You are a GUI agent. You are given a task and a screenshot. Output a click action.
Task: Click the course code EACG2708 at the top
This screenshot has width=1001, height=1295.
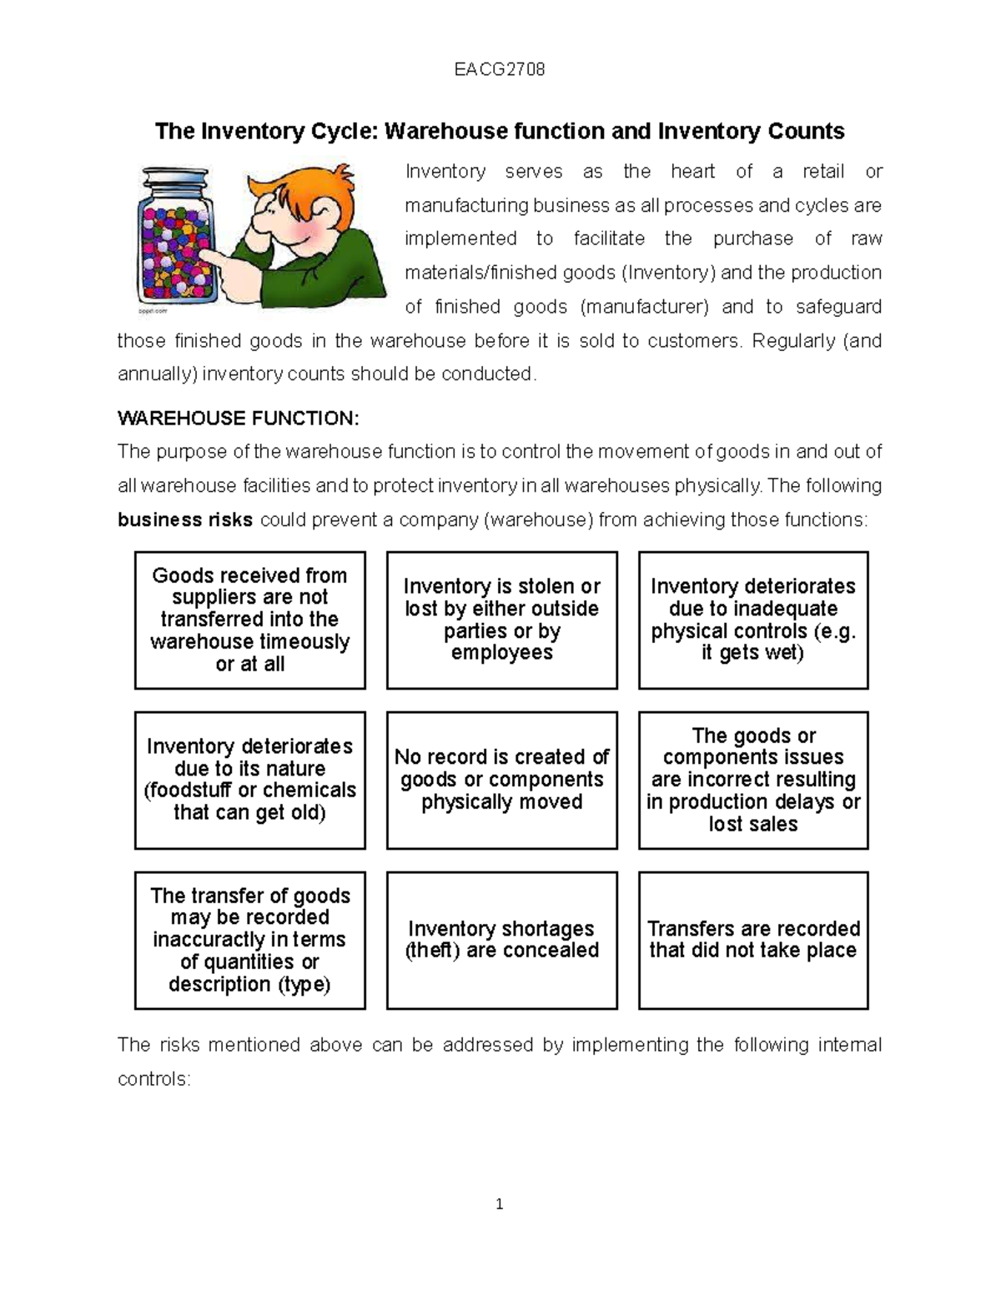pos(499,69)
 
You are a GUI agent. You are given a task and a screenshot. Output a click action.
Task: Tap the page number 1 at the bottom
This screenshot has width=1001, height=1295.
pos(499,1204)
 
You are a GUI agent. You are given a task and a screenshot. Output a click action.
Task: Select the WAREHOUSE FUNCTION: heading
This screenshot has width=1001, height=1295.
pos(238,418)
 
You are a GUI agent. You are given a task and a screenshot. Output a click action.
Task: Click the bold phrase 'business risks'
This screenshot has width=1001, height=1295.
pos(185,520)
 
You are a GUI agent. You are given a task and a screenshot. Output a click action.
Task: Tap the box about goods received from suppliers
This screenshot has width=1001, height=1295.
pos(250,620)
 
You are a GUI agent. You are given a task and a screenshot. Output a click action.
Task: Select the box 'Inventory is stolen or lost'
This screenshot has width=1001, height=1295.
pos(501,620)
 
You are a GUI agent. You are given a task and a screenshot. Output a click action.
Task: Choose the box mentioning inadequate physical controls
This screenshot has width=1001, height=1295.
pos(752,620)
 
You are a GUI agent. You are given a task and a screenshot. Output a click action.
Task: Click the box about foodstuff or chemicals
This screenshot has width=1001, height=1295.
pos(250,780)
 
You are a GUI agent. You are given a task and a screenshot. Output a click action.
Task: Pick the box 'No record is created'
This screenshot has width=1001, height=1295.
pos(501,780)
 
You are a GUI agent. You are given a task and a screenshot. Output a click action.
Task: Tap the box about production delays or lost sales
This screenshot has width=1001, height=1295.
pos(752,780)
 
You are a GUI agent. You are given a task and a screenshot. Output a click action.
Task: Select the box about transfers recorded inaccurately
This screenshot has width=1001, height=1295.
pos(250,940)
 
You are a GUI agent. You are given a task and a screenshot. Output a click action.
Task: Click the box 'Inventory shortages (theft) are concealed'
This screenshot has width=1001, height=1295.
pos(501,940)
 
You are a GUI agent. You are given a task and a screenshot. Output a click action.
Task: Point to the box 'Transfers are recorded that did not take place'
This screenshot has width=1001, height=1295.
pos(752,940)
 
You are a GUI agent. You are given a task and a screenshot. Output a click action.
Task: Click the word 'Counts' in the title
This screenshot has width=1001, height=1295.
pos(807,132)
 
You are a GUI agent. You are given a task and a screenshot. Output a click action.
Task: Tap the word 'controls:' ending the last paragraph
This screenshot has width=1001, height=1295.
pos(154,1079)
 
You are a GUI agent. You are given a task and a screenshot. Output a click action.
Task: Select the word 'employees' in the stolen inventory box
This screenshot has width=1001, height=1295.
pos(501,653)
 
